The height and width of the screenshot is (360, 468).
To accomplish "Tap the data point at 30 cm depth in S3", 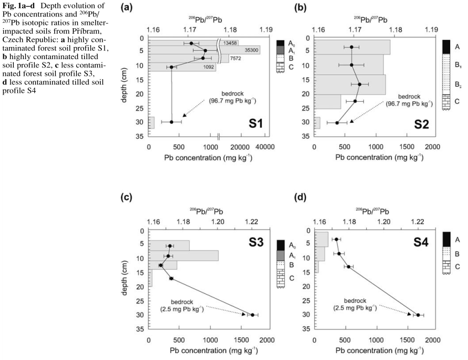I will pyautogui.click(x=252, y=315).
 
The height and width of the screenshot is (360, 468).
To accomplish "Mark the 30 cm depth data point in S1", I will pyautogui.click(x=171, y=122).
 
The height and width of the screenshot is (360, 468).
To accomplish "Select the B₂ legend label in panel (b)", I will pyautogui.click(x=458, y=84).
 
